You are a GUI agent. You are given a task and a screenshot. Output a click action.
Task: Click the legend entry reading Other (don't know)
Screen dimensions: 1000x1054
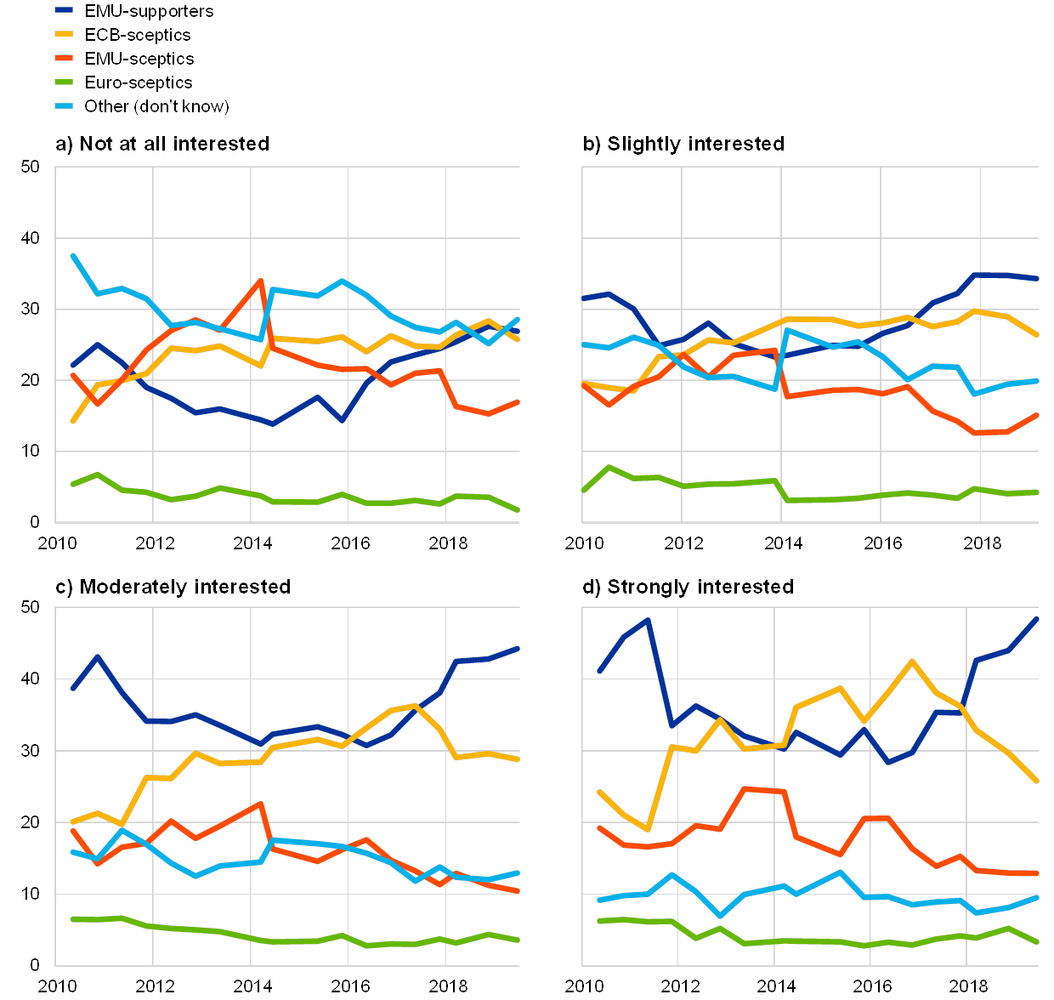click(156, 106)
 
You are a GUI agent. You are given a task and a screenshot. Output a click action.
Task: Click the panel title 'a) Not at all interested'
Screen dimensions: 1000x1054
click(161, 144)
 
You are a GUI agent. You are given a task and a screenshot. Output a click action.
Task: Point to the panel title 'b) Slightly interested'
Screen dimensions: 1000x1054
click(683, 144)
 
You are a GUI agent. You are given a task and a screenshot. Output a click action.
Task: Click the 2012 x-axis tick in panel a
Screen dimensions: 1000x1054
click(154, 542)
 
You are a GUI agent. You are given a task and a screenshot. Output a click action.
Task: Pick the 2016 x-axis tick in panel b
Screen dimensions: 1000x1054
click(881, 542)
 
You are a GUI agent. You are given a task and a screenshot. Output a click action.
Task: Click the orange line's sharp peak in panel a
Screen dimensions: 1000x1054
click(260, 281)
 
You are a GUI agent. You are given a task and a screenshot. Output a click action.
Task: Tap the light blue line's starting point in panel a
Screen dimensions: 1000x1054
click(73, 255)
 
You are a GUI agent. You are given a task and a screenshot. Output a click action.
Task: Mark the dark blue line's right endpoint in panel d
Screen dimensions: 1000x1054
click(1037, 618)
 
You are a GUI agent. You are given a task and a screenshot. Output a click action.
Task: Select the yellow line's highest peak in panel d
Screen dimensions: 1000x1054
click(912, 661)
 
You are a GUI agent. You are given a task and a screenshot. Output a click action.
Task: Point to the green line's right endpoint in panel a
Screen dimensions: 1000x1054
click(518, 510)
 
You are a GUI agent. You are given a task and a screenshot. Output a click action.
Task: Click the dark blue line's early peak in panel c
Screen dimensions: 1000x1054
click(98, 656)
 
